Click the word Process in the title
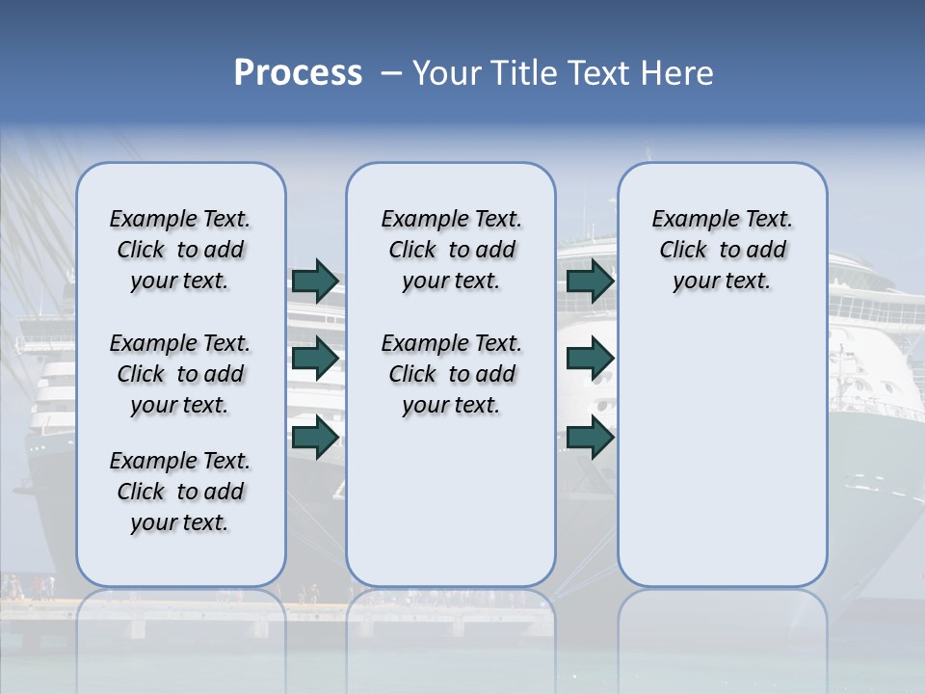coord(298,73)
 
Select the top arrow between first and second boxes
coord(315,280)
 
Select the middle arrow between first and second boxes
coord(315,359)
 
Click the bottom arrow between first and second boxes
coord(315,437)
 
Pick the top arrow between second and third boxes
coord(590,280)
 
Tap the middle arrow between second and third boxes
coord(590,359)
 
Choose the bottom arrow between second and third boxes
coord(590,437)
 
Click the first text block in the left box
coord(180,250)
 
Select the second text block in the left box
coord(180,374)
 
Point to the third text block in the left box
coord(180,492)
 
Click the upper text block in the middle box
coord(451,250)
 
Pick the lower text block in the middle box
coord(451,374)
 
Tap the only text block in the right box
coord(722,250)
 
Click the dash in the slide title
coord(391,73)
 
